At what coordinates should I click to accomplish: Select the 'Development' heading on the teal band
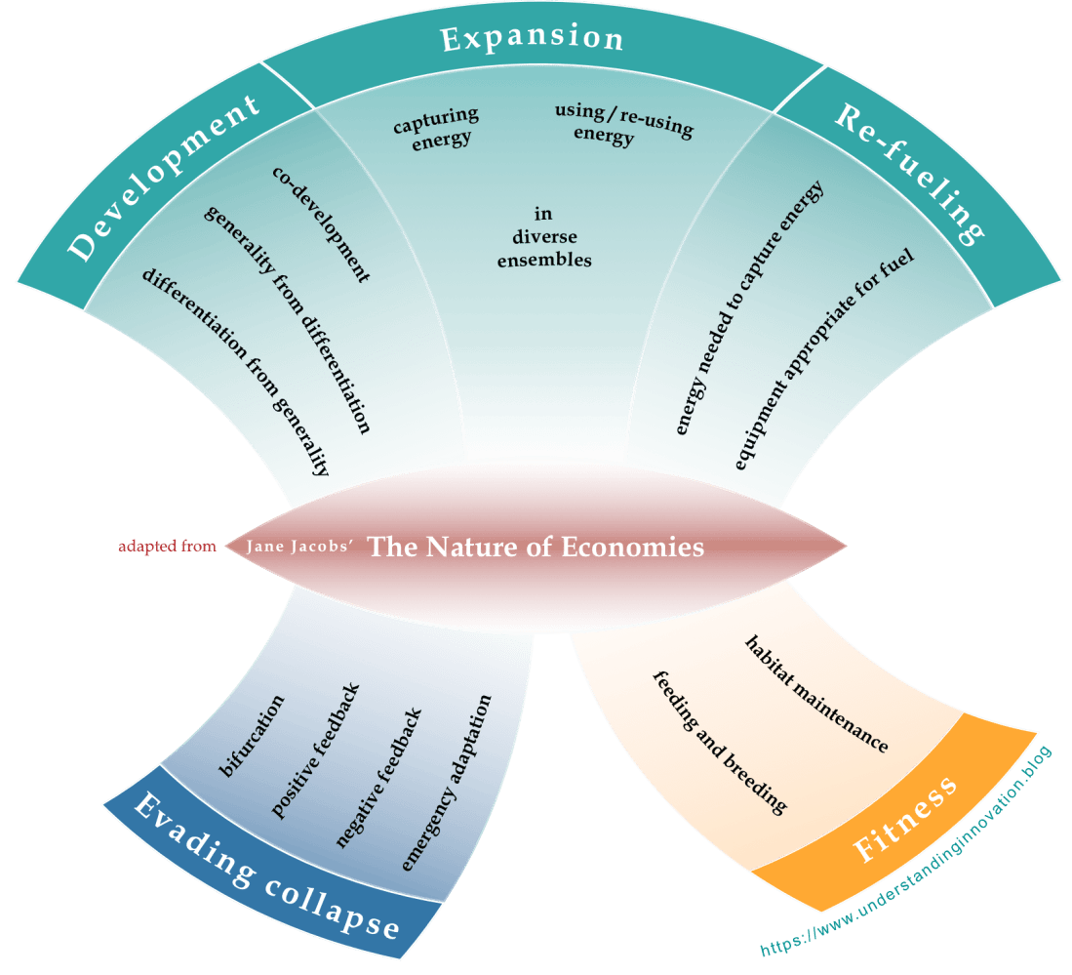pos(165,179)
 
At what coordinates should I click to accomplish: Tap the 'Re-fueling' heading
pos(908,173)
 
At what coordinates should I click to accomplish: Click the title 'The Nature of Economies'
pos(536,547)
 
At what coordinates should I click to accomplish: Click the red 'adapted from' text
pos(167,547)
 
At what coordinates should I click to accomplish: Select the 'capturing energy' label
pos(436,127)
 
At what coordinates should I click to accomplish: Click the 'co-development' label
pos(321,223)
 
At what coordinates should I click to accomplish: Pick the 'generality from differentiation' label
pos(288,318)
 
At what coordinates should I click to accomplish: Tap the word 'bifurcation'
pos(253,737)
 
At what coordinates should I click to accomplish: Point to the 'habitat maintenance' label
pos(816,694)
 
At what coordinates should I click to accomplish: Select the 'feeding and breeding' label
pos(720,742)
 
